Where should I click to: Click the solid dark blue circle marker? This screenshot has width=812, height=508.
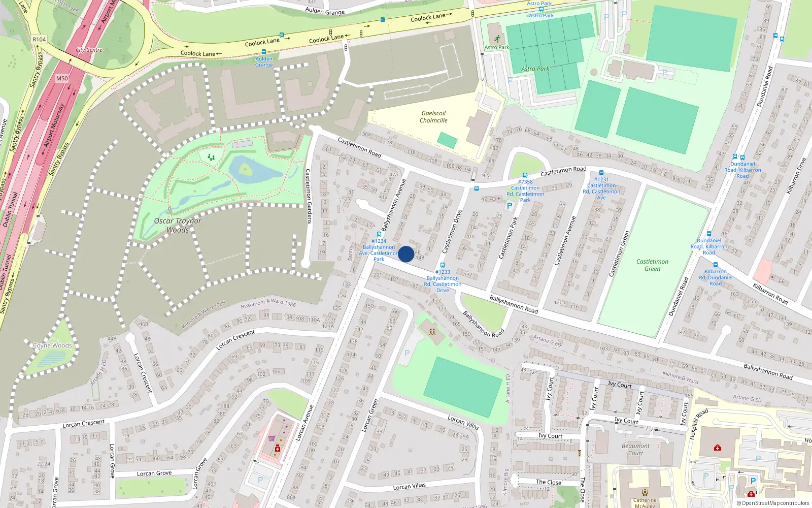pyautogui.click(x=406, y=254)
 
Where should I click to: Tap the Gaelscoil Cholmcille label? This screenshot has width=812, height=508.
pyautogui.click(x=433, y=117)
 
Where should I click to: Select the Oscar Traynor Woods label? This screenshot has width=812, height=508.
pyautogui.click(x=178, y=225)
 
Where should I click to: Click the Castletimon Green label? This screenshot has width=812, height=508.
pyautogui.click(x=652, y=265)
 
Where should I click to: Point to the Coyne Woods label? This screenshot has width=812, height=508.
pyautogui.click(x=52, y=345)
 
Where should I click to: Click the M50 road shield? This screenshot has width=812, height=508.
pyautogui.click(x=62, y=78)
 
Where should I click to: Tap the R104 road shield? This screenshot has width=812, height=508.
pyautogui.click(x=39, y=39)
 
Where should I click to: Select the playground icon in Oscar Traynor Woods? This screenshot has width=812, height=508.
pyautogui.click(x=211, y=157)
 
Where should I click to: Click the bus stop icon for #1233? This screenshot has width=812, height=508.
pyautogui.click(x=443, y=265)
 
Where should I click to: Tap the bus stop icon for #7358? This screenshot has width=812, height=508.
pyautogui.click(x=525, y=175)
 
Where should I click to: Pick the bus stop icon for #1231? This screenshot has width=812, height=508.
pyautogui.click(x=601, y=173)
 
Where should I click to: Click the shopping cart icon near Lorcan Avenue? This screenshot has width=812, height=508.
pyautogui.click(x=272, y=438)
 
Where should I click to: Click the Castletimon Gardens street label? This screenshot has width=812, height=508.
pyautogui.click(x=309, y=196)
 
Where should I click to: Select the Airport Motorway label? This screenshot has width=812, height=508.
pyautogui.click(x=54, y=125)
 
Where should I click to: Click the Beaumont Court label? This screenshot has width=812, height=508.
pyautogui.click(x=635, y=450)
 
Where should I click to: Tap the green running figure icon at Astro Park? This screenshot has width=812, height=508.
pyautogui.click(x=496, y=39)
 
